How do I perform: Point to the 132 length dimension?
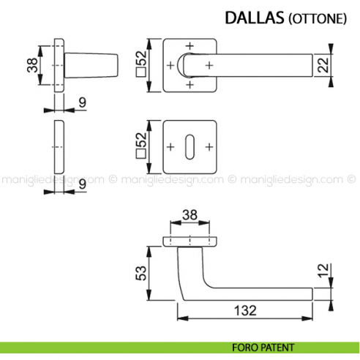click(245, 311)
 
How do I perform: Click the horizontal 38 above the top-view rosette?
click(189, 216)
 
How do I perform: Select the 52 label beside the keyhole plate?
click(140, 147)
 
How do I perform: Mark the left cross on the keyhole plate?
click(171, 147)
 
